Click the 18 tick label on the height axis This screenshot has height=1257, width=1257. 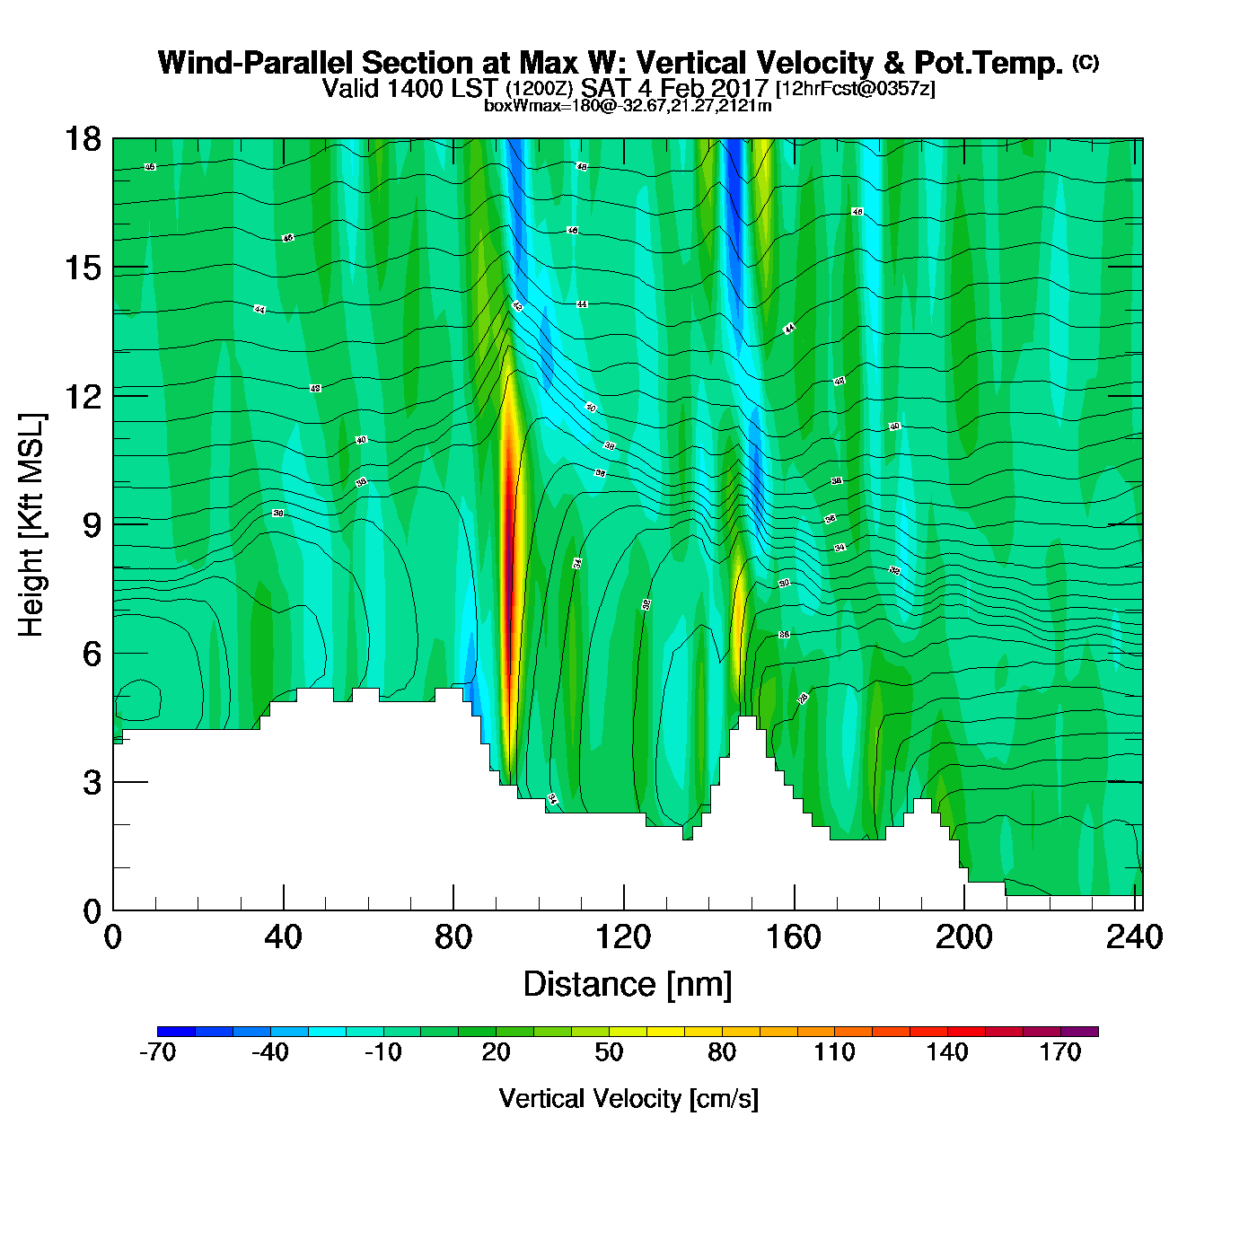[x=82, y=139]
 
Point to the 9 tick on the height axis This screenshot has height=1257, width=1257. [x=114, y=524]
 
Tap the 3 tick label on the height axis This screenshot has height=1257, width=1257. [x=92, y=783]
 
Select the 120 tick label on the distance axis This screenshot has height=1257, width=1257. [x=623, y=938]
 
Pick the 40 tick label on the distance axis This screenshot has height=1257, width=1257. [x=284, y=938]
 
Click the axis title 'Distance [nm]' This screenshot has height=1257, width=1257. [x=628, y=985]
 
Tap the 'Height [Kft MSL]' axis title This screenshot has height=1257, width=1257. [x=32, y=525]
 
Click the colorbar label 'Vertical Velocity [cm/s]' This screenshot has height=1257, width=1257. [x=628, y=1099]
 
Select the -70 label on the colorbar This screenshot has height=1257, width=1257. [x=157, y=1053]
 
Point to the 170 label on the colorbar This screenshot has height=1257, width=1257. [x=1060, y=1053]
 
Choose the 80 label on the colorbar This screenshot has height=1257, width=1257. [x=722, y=1053]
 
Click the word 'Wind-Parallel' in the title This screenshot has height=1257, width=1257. [x=258, y=64]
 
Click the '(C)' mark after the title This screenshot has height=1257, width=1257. [x=1086, y=62]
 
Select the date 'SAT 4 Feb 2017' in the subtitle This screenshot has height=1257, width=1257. [x=674, y=88]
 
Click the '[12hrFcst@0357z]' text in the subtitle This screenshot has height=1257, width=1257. [x=855, y=89]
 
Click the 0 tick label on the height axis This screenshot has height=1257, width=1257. [x=92, y=911]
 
